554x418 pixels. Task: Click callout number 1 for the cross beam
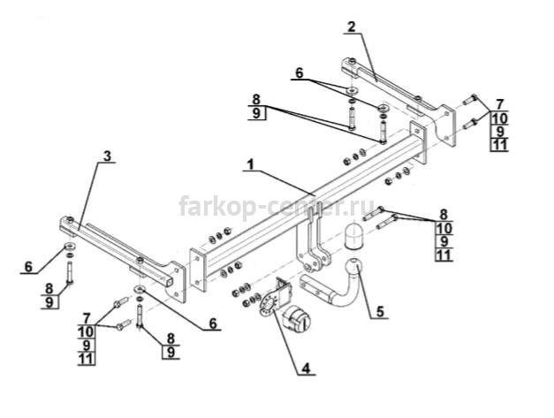click(x=250, y=164)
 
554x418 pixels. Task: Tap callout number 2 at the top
click(x=351, y=27)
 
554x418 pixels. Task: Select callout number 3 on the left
click(x=107, y=156)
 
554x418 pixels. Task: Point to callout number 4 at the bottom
click(x=306, y=369)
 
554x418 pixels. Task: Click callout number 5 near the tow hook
click(x=380, y=312)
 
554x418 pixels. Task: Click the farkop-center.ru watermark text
click(x=277, y=206)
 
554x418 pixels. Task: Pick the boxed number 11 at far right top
click(x=499, y=145)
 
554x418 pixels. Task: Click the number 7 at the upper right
click(x=499, y=104)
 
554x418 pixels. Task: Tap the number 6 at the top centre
click(x=299, y=73)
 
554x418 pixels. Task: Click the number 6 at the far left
click(x=28, y=267)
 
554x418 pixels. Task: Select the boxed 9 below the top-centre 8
click(x=257, y=113)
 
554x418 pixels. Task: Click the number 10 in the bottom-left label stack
click(x=87, y=331)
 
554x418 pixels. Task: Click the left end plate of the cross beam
click(x=198, y=270)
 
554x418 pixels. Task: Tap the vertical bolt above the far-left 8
click(x=70, y=272)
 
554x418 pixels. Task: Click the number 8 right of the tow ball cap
click(x=444, y=215)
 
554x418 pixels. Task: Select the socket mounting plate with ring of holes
click(x=269, y=305)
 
